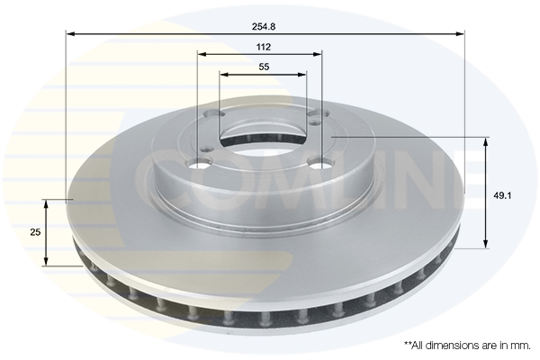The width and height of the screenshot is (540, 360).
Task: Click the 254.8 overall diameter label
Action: [x=264, y=26]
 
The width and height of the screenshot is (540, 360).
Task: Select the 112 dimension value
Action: [x=264, y=47]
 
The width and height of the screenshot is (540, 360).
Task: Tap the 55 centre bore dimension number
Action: [x=264, y=67]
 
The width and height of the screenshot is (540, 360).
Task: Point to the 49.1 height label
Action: [x=502, y=195]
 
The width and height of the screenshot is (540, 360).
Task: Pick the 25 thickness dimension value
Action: [x=35, y=232]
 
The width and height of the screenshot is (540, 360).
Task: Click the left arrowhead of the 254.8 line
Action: [x=70, y=34]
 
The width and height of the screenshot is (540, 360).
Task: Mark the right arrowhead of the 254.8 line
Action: [x=460, y=34]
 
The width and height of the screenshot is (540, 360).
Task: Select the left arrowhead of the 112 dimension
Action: [x=202, y=54]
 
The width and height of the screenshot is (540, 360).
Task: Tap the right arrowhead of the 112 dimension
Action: [x=318, y=54]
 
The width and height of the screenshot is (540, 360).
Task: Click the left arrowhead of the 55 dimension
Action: [x=224, y=74]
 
